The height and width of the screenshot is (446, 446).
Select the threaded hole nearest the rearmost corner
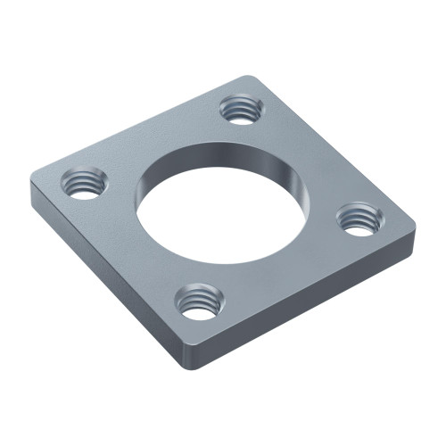pos(240,109)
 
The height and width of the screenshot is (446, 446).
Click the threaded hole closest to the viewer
pos(199,301)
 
